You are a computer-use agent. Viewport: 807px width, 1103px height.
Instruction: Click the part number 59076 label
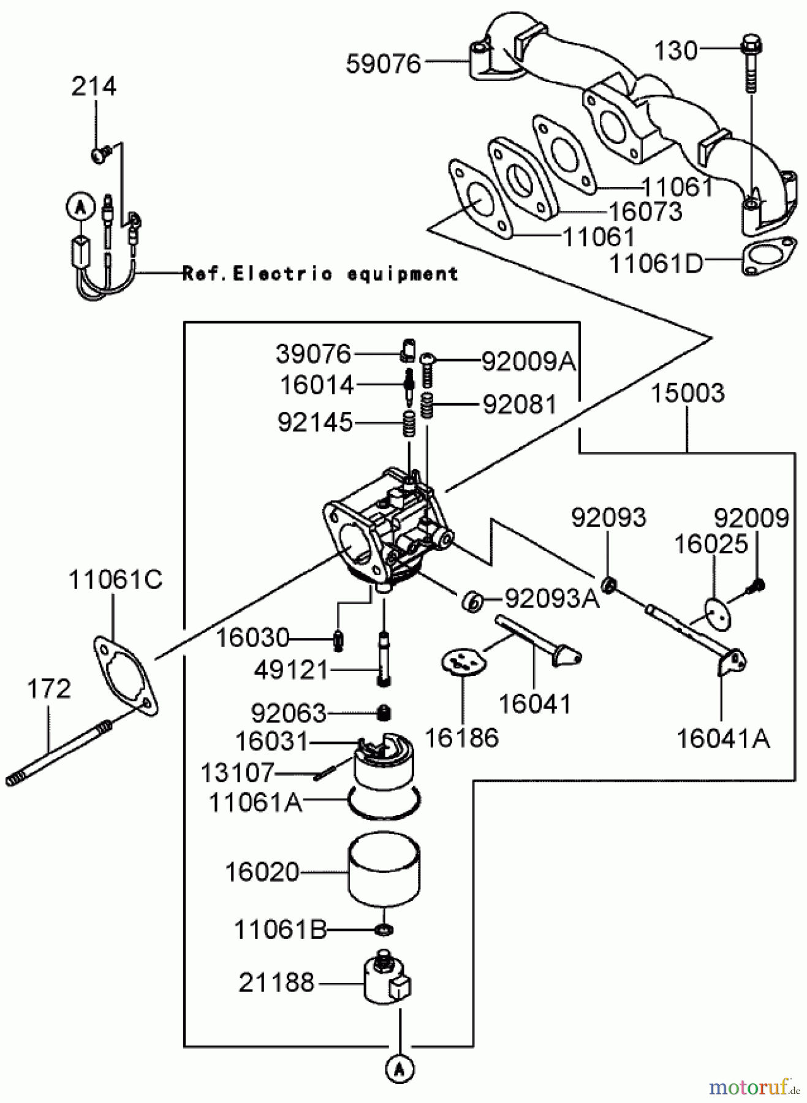(384, 64)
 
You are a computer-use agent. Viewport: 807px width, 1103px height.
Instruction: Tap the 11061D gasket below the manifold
(769, 256)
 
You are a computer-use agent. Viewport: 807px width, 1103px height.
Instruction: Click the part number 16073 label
(645, 212)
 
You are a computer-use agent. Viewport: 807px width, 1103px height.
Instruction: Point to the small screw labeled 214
(100, 154)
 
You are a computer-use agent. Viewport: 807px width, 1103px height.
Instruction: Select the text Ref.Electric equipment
(320, 274)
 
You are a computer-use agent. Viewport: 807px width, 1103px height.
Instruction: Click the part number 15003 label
(687, 393)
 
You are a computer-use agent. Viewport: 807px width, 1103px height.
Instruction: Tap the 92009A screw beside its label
(428, 368)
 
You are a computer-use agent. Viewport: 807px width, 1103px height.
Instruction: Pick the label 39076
(313, 354)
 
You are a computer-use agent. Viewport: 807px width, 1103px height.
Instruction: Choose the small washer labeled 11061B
(384, 930)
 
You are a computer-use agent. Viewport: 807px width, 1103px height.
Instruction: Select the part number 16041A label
(723, 740)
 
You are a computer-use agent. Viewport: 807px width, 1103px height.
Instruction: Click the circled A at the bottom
(400, 1068)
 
